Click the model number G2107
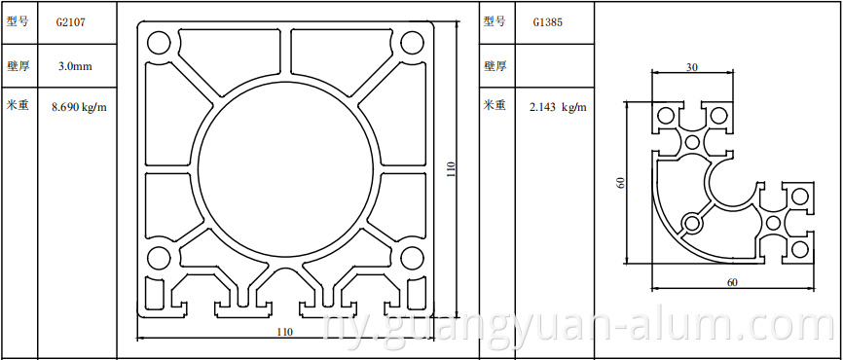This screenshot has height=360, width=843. [x=70, y=22]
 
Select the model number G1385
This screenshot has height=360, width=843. [x=548, y=22]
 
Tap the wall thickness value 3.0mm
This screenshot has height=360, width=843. [x=75, y=66]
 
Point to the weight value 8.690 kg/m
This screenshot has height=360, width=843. [x=79, y=106]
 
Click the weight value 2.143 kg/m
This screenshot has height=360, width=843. [x=558, y=106]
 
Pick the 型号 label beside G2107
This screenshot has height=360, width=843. [x=18, y=22]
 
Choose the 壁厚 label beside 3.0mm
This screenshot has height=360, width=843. [x=18, y=66]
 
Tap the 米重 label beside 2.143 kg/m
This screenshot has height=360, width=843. [x=495, y=105]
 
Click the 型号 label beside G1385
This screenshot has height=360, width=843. [x=495, y=22]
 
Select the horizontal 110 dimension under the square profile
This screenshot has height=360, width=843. [x=285, y=332]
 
